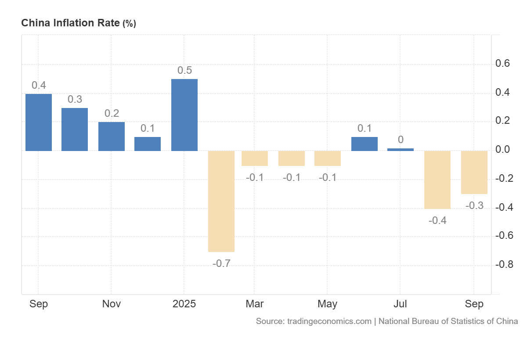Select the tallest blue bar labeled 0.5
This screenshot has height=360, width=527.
pyautogui.click(x=184, y=115)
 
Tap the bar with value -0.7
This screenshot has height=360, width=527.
pyautogui.click(x=221, y=201)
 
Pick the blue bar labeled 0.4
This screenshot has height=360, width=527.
pyautogui.click(x=39, y=122)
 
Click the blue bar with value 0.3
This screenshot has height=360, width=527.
pyautogui.click(x=75, y=130)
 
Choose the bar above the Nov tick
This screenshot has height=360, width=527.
pyautogui.click(x=112, y=137)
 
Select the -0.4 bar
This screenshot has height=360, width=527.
pyautogui.click(x=437, y=180)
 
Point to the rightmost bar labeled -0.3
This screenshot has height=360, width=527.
pyautogui.click(x=474, y=172)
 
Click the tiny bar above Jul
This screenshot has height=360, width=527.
pyautogui.click(x=401, y=149)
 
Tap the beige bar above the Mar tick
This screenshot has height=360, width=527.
pyautogui.click(x=255, y=158)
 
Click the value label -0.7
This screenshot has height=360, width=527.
pyautogui.click(x=221, y=264)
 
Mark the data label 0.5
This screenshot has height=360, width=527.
pyautogui.click(x=184, y=70)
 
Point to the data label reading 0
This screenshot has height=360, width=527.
pyautogui.click(x=401, y=140)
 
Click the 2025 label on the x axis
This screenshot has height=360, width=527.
pyautogui.click(x=184, y=304)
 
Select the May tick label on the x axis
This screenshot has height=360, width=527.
pyautogui.click(x=327, y=304)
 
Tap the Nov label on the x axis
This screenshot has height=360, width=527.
pyautogui.click(x=112, y=304)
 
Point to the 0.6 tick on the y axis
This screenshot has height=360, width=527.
pyautogui.click(x=502, y=64)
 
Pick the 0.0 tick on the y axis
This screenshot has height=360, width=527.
pyautogui.click(x=502, y=150)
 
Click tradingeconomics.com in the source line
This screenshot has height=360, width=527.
pyautogui.click(x=329, y=321)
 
